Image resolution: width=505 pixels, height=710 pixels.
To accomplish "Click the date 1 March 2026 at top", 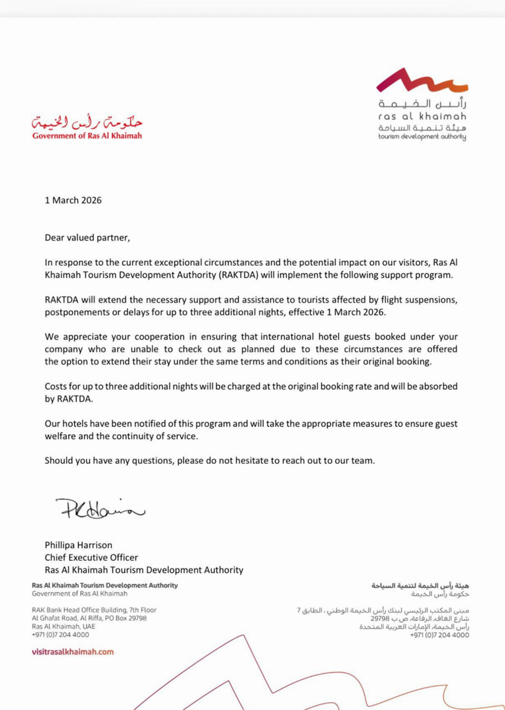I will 74,200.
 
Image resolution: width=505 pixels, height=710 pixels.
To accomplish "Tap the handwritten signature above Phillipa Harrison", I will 100,509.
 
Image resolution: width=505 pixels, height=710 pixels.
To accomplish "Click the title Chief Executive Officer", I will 91,557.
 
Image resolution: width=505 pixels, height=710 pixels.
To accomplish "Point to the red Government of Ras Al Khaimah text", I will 87,135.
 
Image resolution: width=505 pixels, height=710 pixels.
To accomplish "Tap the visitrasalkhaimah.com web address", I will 73,652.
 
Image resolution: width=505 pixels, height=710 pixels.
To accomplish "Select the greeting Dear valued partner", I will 88,237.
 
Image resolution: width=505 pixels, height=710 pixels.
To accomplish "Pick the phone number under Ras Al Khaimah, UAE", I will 60,635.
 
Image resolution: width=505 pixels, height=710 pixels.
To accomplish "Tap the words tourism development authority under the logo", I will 422,138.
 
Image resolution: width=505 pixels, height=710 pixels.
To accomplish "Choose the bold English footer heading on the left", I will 105,585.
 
